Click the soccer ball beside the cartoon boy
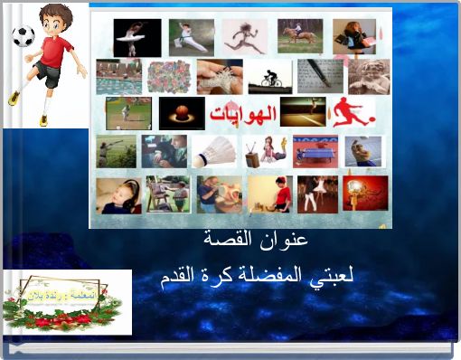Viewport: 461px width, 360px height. [x=23, y=36]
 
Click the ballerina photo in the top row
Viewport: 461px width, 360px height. [x=136, y=37]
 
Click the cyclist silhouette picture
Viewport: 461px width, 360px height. [x=270, y=77]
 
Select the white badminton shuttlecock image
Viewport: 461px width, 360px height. [x=216, y=152]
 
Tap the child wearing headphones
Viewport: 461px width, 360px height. [x=118, y=194]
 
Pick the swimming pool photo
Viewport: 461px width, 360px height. [x=118, y=77]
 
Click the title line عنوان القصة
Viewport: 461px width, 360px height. [x=268, y=241]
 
